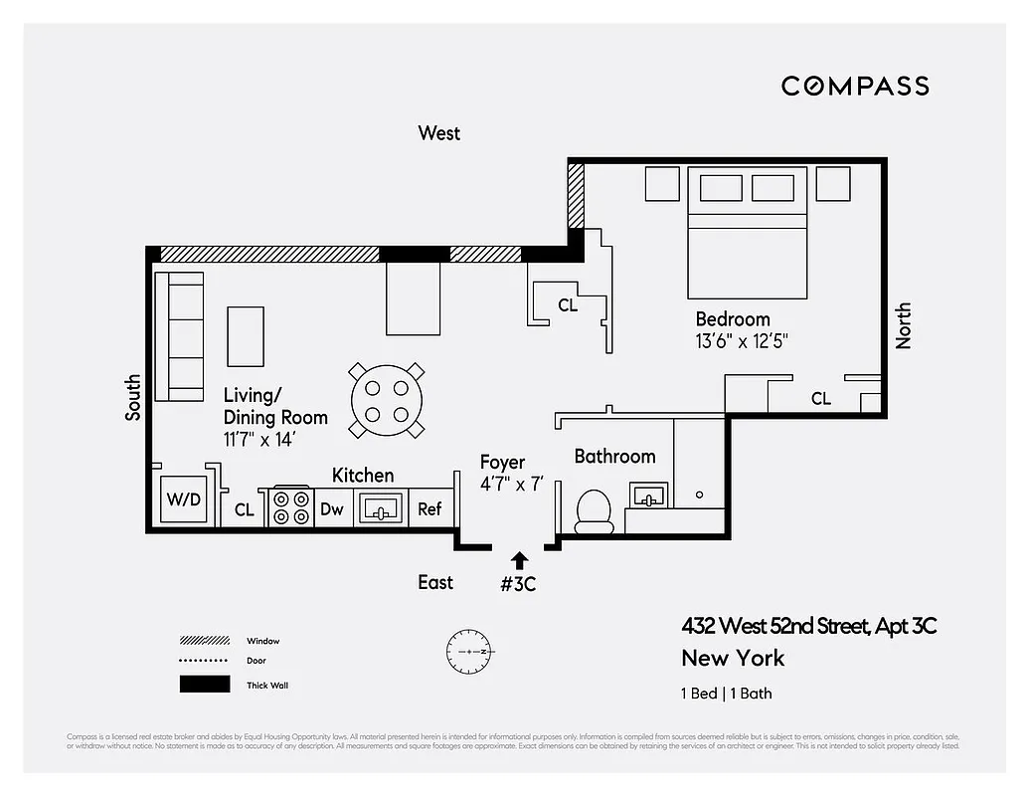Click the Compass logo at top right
[855, 86]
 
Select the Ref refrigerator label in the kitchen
[429, 508]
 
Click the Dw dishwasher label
[331, 508]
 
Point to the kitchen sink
[380, 508]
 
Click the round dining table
[387, 401]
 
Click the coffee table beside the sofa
[246, 336]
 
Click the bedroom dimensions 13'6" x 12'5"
[743, 341]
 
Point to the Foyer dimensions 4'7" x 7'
[511, 485]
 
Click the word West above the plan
[439, 133]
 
